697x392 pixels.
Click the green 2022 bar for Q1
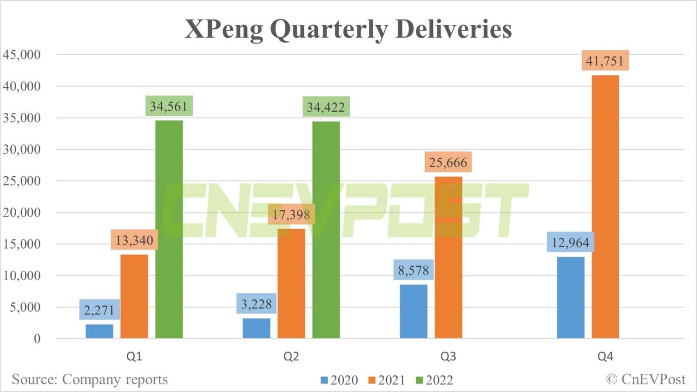169,229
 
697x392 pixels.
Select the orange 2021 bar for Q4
605,206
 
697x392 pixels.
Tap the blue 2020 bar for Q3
414,311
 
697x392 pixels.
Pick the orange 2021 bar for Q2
291,283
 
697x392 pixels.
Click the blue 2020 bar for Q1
99,331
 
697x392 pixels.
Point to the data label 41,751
605,61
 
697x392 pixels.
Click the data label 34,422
326,107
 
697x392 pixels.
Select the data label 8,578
414,270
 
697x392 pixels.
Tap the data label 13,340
134,240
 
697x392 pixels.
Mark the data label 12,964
570,243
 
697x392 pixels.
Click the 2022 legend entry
434,380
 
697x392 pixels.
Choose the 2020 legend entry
339,380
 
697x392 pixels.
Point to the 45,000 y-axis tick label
22,55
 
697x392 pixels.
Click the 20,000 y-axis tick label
22,212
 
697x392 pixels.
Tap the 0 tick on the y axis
37,339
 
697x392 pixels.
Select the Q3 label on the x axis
448,356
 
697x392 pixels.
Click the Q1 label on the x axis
134,356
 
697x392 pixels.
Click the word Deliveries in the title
454,29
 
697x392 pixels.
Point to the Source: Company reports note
90,379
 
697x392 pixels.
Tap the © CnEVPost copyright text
645,379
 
